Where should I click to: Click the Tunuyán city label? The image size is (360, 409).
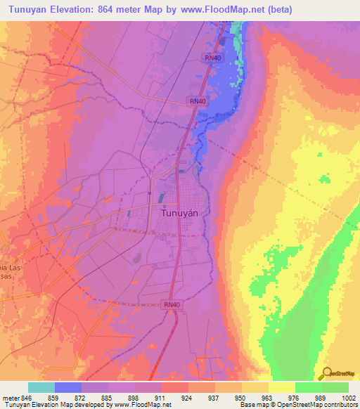pyautogui.click(x=179, y=212)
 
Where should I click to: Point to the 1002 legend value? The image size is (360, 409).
pyautogui.click(x=349, y=396)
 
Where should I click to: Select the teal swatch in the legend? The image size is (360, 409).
pyautogui.click(x=41, y=387)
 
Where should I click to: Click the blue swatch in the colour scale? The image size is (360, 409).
pyautogui.click(x=68, y=387)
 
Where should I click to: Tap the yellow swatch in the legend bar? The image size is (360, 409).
pyautogui.click(x=281, y=387)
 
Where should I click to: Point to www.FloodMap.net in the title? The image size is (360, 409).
pyautogui.click(x=219, y=9)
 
